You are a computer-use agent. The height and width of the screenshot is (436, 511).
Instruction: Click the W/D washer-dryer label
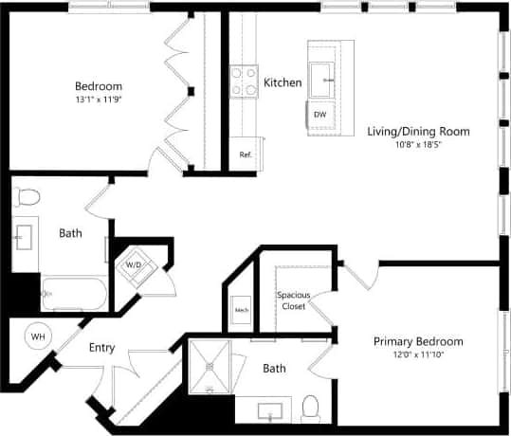click(132, 264)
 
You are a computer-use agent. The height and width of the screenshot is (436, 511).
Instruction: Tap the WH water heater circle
click(39, 336)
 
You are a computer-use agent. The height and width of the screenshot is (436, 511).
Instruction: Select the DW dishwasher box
click(320, 115)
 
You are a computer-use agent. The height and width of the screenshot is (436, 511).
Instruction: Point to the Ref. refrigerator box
click(245, 154)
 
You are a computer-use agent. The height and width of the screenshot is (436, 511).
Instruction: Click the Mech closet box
click(241, 310)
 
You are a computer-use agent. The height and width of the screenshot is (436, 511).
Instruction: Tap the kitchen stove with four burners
click(244, 82)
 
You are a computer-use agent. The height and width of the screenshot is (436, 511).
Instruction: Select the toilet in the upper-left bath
click(27, 197)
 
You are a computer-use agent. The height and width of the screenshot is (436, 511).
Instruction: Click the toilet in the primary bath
click(310, 409)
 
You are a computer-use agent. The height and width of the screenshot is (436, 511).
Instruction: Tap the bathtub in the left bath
click(73, 293)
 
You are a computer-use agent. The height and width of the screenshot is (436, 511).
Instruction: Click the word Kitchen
click(283, 82)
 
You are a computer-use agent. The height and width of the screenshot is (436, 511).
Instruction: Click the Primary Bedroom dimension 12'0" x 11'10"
click(418, 355)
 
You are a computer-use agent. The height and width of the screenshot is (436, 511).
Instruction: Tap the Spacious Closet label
click(293, 300)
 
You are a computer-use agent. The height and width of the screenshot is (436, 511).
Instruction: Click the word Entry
click(101, 348)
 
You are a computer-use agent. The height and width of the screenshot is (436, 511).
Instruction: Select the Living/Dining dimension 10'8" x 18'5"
click(418, 145)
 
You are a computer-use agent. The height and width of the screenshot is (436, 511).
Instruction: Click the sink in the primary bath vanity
click(270, 410)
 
